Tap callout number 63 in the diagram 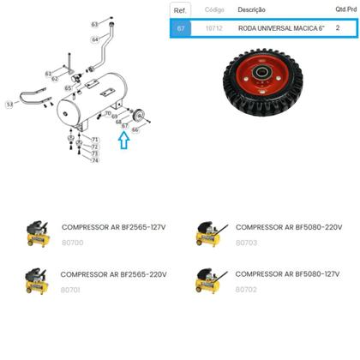[95, 24]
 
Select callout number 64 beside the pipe [95, 39]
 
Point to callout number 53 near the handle [9, 104]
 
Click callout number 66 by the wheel [135, 129]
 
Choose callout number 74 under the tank [95, 160]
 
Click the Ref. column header [179, 9]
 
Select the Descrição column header [251, 9]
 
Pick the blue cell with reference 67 [179, 27]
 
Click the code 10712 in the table [213, 27]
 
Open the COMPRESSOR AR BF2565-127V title [113, 227]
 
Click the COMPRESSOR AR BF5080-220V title [288, 227]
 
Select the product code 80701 [72, 290]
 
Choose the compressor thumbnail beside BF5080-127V [210, 281]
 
